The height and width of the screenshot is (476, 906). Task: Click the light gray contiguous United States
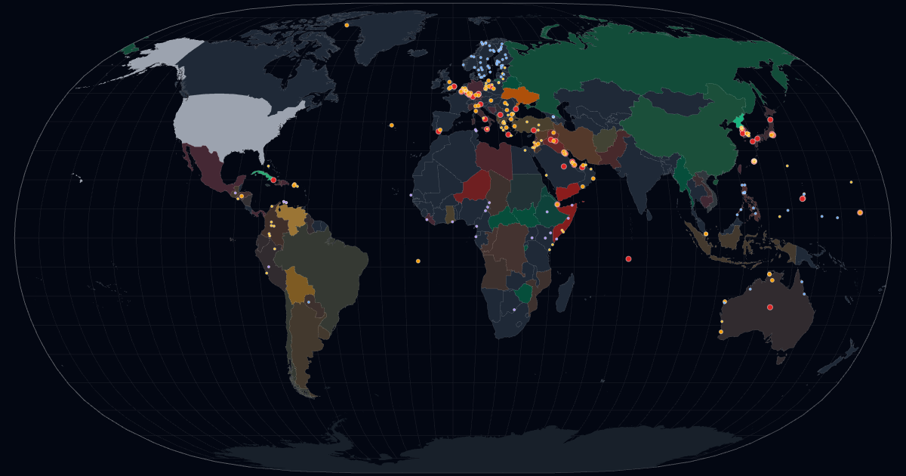[x=234, y=121]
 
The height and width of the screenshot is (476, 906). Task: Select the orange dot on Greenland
[x=347, y=25]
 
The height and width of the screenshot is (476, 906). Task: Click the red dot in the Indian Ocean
[x=628, y=258]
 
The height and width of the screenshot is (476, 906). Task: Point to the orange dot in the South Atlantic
[x=418, y=261]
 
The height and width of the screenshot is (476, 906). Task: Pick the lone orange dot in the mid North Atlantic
[x=391, y=125]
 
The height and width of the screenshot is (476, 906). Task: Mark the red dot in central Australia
[x=770, y=307]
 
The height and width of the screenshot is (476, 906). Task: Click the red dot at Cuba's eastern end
[x=273, y=180]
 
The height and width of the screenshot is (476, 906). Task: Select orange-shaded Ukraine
[x=522, y=96]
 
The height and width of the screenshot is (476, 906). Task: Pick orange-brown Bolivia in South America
[x=298, y=284]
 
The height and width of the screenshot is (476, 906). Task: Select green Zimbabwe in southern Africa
[x=522, y=292]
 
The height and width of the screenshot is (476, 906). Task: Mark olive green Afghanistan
[x=605, y=141]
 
